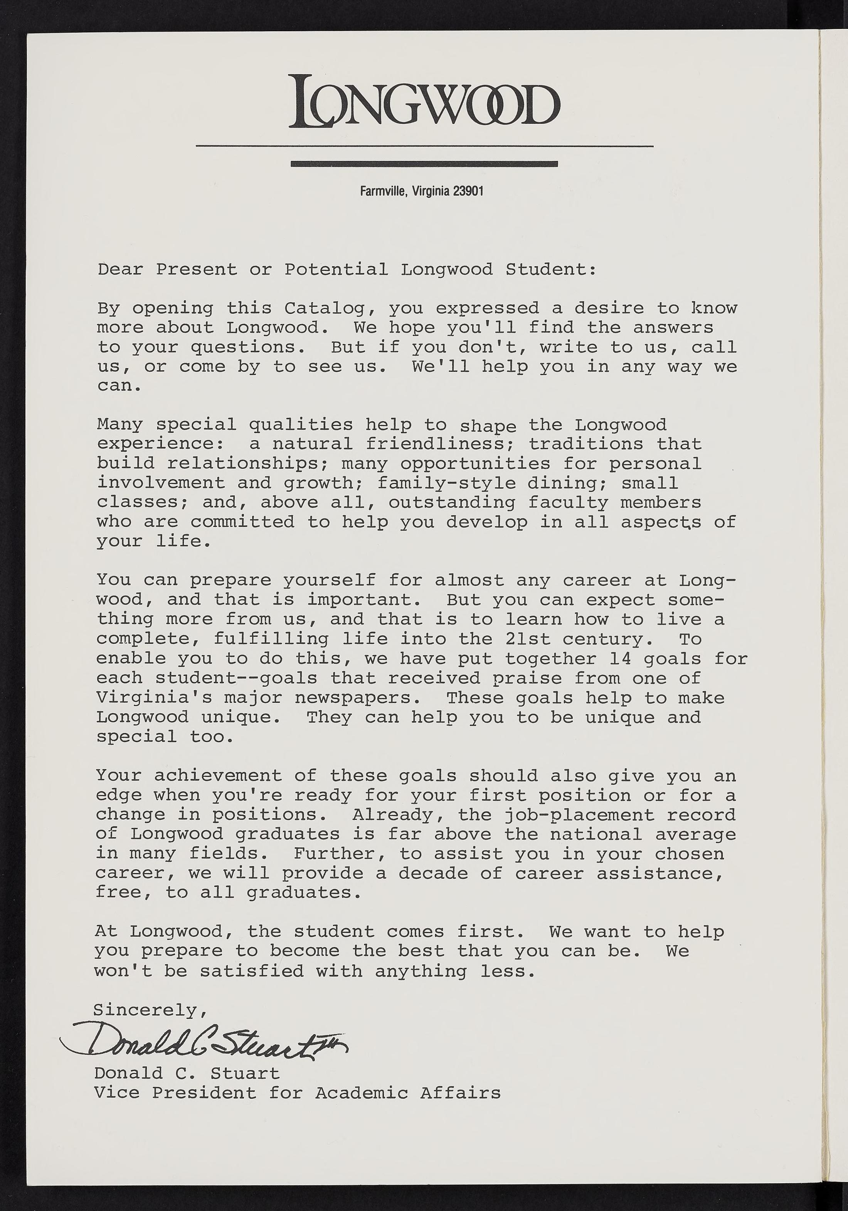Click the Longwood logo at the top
point(424,101)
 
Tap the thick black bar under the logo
point(424,164)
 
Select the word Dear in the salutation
point(120,270)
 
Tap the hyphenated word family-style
point(446,483)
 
